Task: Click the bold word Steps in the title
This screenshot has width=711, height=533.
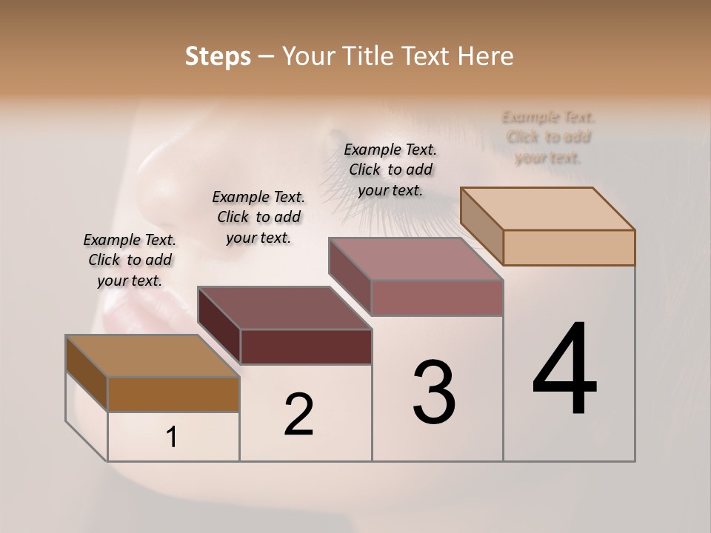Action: (217, 56)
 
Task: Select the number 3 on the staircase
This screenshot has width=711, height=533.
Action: (433, 392)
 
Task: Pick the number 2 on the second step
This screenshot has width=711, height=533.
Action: (298, 415)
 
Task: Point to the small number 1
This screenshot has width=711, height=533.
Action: (172, 438)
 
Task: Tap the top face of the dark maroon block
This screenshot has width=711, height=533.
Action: (285, 307)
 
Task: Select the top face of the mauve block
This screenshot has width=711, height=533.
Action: (416, 258)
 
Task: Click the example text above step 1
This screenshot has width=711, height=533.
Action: (130, 260)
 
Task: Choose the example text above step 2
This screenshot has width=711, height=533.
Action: (258, 217)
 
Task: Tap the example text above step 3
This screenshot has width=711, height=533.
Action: (390, 170)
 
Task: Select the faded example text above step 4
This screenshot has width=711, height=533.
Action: (548, 137)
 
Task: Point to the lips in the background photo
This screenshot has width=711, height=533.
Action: (141, 311)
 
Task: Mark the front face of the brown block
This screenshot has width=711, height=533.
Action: (173, 394)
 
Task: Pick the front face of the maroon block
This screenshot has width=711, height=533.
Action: (305, 346)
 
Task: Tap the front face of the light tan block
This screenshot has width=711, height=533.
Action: (569, 247)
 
